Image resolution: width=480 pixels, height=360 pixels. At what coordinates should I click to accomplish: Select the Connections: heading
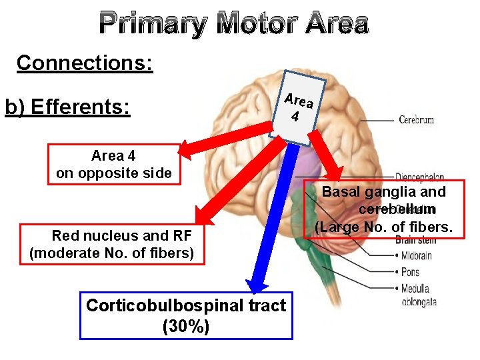click(85, 63)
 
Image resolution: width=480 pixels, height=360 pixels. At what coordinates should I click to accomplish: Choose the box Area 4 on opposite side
click(113, 165)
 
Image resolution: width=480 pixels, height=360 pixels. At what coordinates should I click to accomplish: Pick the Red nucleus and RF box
click(112, 244)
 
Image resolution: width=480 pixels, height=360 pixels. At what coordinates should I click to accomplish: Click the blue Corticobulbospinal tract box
click(186, 315)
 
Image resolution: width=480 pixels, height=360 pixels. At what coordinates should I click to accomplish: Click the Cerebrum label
click(416, 120)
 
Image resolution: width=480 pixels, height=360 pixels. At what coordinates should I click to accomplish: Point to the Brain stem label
click(415, 240)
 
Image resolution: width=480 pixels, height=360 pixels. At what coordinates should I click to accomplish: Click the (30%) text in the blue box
click(186, 327)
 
